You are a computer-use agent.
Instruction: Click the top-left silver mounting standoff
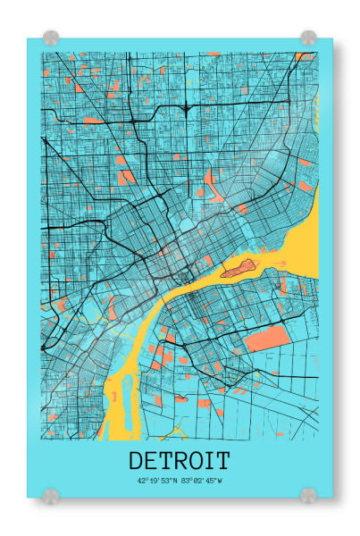pos(51,38)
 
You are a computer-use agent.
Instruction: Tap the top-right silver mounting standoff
pos(308,38)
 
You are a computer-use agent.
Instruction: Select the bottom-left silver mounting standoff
pos(51,494)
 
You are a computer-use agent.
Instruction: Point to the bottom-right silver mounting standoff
pos(308,494)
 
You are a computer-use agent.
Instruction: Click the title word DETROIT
pos(180,461)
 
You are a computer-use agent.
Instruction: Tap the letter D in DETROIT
pos(137,461)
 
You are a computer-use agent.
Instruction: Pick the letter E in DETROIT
pos(151,461)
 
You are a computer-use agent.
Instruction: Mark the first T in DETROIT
pos(165,461)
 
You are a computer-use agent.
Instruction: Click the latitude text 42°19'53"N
pos(157,481)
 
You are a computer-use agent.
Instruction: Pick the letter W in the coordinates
pos(220,481)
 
